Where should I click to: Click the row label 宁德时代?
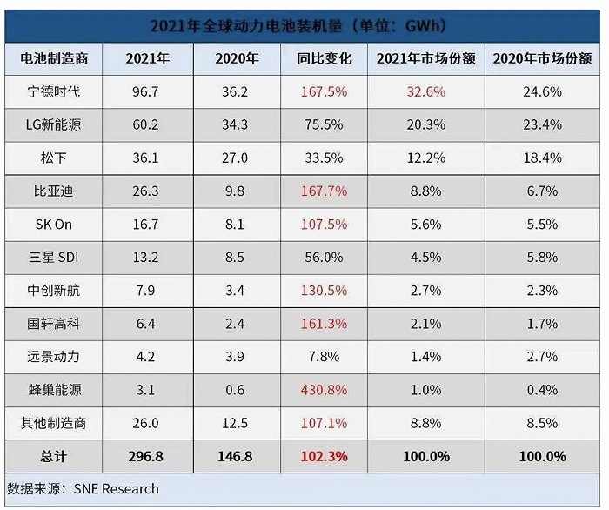pyautogui.click(x=54, y=91)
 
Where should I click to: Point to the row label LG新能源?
pyautogui.click(x=54, y=124)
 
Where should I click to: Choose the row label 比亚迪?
pyautogui.click(x=54, y=191)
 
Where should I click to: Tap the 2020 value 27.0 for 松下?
pyautogui.click(x=237, y=158)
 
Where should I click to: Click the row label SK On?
pyautogui.click(x=54, y=224)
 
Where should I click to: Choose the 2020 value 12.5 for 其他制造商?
pyautogui.click(x=237, y=423)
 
